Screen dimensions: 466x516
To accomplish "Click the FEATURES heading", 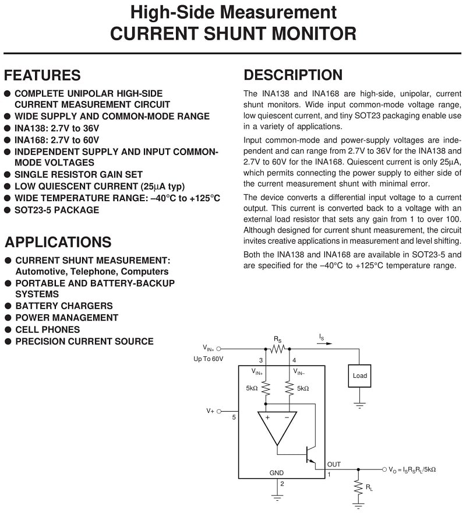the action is pos(42,75).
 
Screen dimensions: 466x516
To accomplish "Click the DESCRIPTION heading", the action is pos(293,75).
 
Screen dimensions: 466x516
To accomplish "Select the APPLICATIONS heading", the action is pos(58,242).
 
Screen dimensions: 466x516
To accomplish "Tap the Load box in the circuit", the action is pos(359,375).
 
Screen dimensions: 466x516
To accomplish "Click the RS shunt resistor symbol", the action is pos(277,349).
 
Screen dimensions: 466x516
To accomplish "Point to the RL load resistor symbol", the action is pos(358,487).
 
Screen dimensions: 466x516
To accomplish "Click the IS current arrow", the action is pos(324,343).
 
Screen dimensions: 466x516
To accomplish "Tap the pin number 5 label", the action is pos(234,417).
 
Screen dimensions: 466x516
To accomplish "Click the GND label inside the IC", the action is pos(276,473).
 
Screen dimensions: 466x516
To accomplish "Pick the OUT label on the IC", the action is pos(334,464).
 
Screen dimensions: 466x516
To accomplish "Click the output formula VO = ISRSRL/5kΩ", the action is pos(412,469).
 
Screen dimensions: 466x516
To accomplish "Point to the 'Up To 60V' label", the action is pos(208,359).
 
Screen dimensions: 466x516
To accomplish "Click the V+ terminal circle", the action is pos(219,412).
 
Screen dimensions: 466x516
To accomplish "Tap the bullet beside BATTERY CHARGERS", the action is pos(8,306).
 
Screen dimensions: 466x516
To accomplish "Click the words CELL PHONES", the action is pos(48,329).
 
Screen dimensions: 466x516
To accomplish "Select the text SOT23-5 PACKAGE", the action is pos(57,210).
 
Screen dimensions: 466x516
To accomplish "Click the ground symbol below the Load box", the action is pos(359,405).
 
